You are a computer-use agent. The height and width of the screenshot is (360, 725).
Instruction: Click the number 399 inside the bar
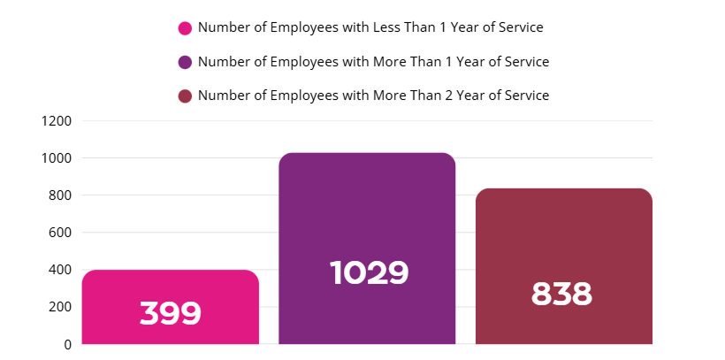tap(171, 313)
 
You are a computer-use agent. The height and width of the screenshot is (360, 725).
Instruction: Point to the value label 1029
tap(369, 272)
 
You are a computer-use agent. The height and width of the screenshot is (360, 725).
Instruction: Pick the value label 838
tap(561, 294)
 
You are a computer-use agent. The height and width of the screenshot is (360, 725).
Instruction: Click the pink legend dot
tap(185, 28)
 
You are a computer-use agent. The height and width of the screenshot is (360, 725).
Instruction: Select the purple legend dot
tap(185, 62)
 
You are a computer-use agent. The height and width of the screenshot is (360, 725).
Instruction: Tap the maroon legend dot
tap(185, 96)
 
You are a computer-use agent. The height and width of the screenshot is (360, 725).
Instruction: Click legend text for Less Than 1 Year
tap(370, 27)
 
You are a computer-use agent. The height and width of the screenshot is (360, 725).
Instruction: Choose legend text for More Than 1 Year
tap(373, 62)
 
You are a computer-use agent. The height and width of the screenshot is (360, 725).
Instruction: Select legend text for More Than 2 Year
tap(373, 96)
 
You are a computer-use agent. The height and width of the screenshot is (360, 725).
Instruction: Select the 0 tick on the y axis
tap(67, 344)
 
